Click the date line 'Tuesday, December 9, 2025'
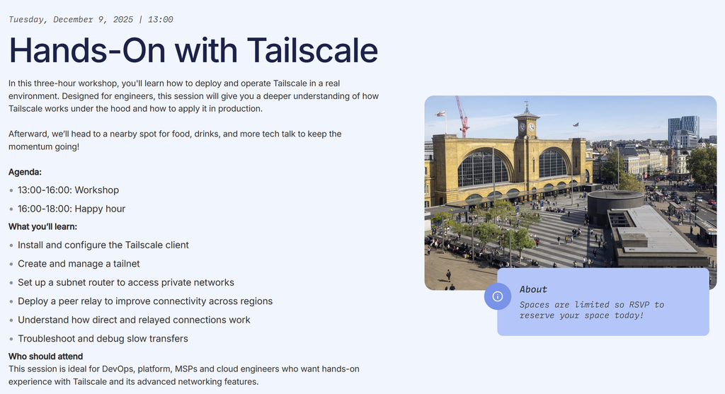(71, 19)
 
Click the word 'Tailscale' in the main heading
(312, 50)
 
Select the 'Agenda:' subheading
(25, 173)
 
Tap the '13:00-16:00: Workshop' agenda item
(69, 190)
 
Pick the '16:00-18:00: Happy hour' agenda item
(72, 209)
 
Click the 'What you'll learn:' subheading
(42, 227)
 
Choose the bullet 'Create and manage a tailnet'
(79, 264)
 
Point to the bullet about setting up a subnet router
(126, 283)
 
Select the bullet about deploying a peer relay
(145, 301)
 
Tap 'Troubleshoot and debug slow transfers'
(103, 339)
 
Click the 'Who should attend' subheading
(45, 357)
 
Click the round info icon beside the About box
(498, 296)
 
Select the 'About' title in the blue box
(533, 289)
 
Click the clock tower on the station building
(527, 121)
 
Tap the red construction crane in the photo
(462, 117)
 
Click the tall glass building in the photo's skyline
(683, 129)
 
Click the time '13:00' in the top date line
(160, 19)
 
